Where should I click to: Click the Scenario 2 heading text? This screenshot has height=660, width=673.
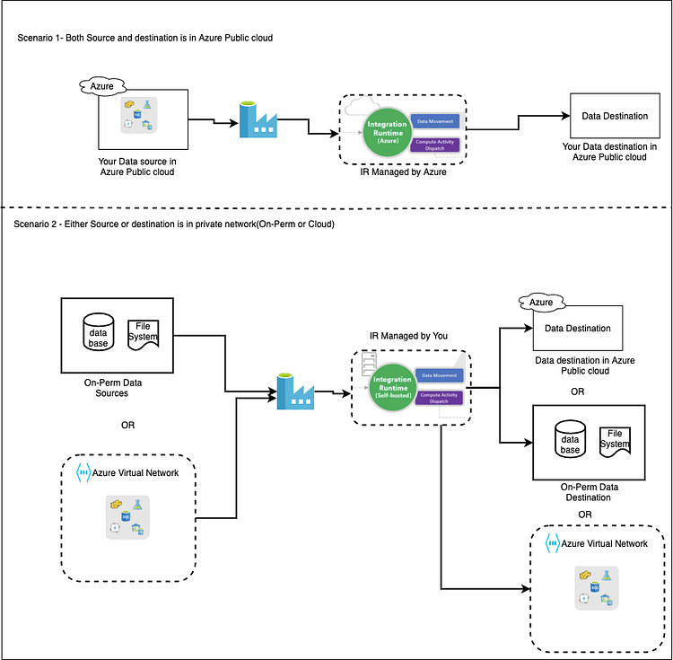175,224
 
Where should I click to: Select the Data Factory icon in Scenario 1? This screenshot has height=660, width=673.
258,119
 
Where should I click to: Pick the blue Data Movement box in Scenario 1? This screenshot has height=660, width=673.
436,120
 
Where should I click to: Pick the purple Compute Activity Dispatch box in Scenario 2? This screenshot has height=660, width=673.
440,397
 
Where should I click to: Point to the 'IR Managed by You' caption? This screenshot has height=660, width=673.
408,335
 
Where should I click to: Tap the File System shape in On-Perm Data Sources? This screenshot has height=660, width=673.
144,334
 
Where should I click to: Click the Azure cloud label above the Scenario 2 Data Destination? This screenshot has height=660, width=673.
541,304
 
